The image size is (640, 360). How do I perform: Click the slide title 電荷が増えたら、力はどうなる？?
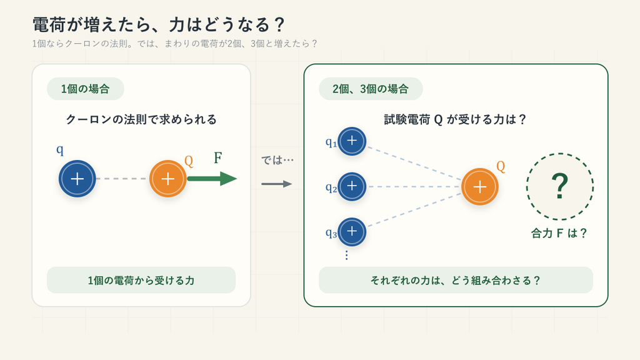tap(158, 25)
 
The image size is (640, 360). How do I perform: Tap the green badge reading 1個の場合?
tap(85, 89)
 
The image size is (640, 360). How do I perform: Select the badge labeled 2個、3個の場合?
tap(371, 89)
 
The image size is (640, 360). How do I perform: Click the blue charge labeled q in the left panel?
tap(77, 179)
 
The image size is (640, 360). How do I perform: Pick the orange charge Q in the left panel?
tap(167, 179)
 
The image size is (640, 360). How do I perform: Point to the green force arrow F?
tap(212, 179)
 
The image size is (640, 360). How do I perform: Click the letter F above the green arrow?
tap(218, 157)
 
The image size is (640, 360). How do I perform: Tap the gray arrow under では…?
tap(277, 184)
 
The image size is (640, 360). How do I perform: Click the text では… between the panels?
tap(277, 160)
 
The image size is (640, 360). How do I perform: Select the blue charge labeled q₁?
tap(352, 141)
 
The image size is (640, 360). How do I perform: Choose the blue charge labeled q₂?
tap(352, 186)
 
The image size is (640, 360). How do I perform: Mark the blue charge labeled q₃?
tap(352, 232)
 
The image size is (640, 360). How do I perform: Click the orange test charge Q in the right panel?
tap(480, 186)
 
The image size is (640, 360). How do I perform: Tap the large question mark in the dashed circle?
tap(559, 186)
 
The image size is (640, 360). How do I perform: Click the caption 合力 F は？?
tap(559, 233)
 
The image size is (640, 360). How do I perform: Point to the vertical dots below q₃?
tap(346, 255)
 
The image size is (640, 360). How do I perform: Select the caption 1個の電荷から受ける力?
tap(141, 281)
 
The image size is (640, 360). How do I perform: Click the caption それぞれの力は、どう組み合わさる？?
tap(456, 281)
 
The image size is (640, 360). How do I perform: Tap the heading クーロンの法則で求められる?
tap(141, 119)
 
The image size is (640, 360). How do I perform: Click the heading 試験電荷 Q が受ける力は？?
tap(456, 119)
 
